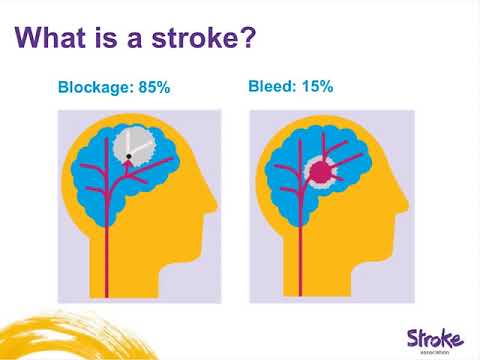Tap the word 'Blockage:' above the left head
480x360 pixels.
click(x=95, y=87)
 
